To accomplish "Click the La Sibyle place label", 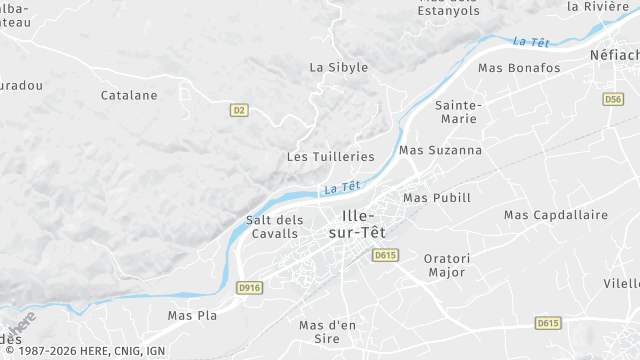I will click(339, 67).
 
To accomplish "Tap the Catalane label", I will click(129, 95).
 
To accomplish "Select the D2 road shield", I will click(238, 110).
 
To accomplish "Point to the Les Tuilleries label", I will click(330, 157).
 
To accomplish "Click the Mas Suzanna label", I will click(440, 150).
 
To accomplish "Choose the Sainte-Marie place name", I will click(459, 112).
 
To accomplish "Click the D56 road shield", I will click(614, 99).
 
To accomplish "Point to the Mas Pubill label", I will click(436, 198).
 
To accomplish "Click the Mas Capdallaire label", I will click(556, 215).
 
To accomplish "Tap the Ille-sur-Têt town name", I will click(357, 224).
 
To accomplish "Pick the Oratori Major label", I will click(447, 264).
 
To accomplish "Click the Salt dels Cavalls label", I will click(274, 227).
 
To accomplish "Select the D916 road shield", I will click(250, 288).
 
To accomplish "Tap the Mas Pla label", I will click(192, 315).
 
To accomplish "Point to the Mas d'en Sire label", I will click(328, 332).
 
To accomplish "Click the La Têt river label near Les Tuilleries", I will click(342, 187).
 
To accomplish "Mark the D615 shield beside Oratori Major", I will click(385, 256).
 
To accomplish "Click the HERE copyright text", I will click(84, 351).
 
